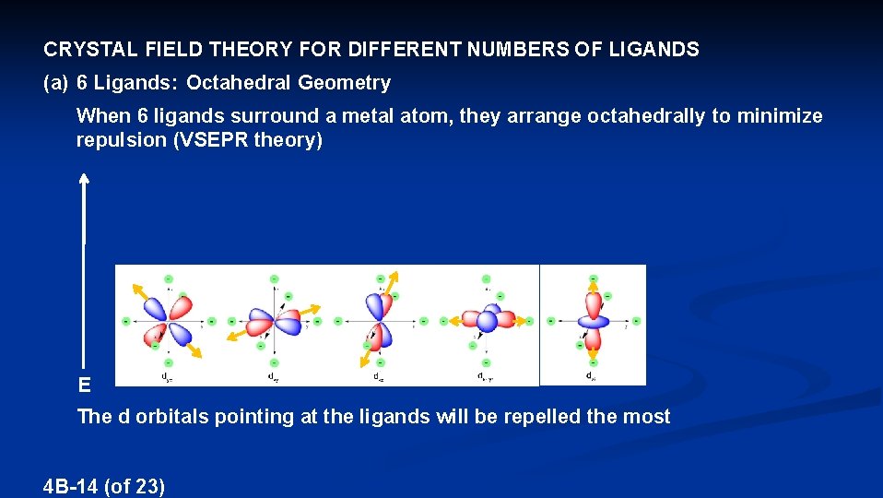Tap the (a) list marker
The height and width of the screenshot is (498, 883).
coord(56,83)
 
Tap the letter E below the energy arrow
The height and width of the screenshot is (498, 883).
coord(84,385)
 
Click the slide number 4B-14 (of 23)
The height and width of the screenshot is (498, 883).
coord(104,486)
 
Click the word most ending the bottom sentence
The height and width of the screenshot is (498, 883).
coord(647,417)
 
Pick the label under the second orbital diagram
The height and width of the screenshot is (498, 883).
coord(273,377)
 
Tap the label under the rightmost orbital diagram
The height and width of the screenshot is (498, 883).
coord(591,376)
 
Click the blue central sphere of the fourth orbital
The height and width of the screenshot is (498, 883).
coord(487,321)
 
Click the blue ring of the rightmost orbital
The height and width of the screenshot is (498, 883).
coord(593,321)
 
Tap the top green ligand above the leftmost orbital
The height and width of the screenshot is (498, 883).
coord(168,278)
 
